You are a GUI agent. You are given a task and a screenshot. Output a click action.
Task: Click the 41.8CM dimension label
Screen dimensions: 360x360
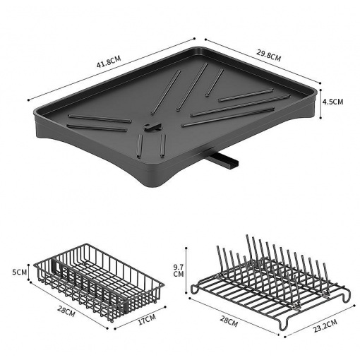pos(109,61)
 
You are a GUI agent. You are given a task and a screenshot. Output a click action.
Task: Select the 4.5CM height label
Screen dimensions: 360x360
pos(332,102)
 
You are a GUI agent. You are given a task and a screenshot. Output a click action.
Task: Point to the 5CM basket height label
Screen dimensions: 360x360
pos(19,272)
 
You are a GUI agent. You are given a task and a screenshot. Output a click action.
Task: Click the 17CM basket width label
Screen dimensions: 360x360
pos(147,319)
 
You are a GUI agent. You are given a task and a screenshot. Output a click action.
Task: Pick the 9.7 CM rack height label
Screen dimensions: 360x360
pos(178,270)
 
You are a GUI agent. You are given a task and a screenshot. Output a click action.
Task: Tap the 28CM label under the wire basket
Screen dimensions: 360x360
pos(66,311)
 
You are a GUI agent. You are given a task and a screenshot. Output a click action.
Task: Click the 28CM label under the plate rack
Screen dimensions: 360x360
pos(229,321)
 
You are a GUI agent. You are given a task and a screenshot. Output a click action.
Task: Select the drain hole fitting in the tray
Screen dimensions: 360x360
pos(152,127)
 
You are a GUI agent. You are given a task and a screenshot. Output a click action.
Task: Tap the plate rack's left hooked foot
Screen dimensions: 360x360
pos(195,289)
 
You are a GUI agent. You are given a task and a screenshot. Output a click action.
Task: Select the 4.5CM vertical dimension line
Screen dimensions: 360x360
pos(320,104)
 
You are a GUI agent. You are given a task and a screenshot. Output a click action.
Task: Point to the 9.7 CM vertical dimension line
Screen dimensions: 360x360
pos(186,270)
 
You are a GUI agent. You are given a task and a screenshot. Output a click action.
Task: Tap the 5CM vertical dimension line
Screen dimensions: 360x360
pos(29,272)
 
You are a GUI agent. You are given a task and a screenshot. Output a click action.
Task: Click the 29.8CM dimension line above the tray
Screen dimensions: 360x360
pos(263,61)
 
